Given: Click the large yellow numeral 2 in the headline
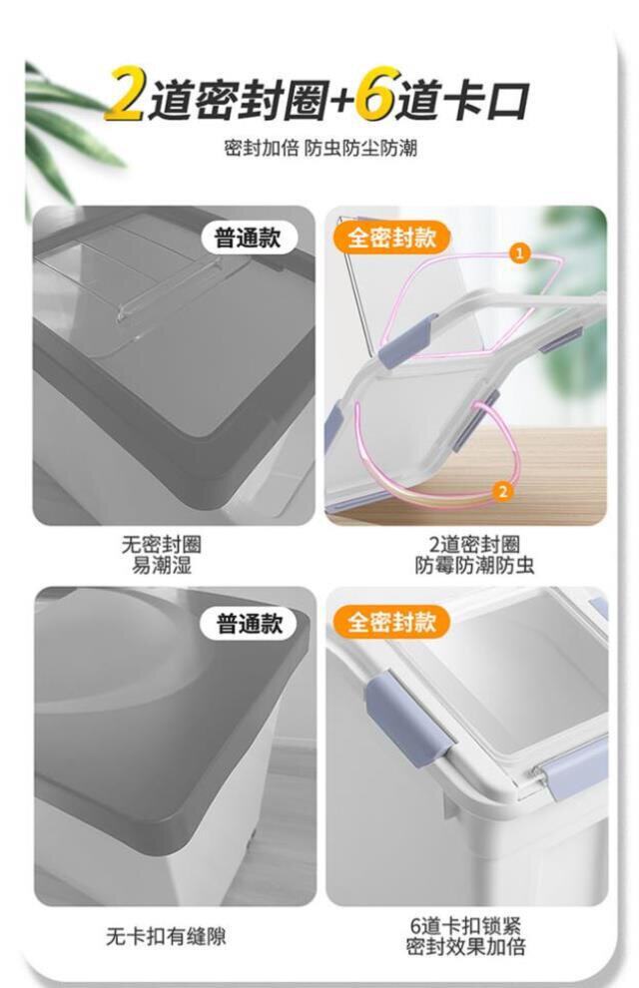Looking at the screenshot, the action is coord(127,95).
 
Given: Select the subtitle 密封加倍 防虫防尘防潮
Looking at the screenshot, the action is coord(320,149).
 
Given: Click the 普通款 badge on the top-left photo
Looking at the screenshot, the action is coord(248,239).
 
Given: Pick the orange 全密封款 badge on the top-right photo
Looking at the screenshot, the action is coord(391,239).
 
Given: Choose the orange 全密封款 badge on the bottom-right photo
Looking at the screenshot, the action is coord(391,622).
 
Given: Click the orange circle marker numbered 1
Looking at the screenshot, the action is coord(520,253).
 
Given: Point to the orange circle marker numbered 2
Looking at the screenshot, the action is coord(502,491).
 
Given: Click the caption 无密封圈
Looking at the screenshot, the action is coord(162,545).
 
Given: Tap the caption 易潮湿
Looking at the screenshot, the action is coord(162,565).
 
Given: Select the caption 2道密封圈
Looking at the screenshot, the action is coord(474,545).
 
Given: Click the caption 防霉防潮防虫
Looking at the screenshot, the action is coord(474,565).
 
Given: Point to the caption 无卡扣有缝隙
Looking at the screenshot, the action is coord(166,936).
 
